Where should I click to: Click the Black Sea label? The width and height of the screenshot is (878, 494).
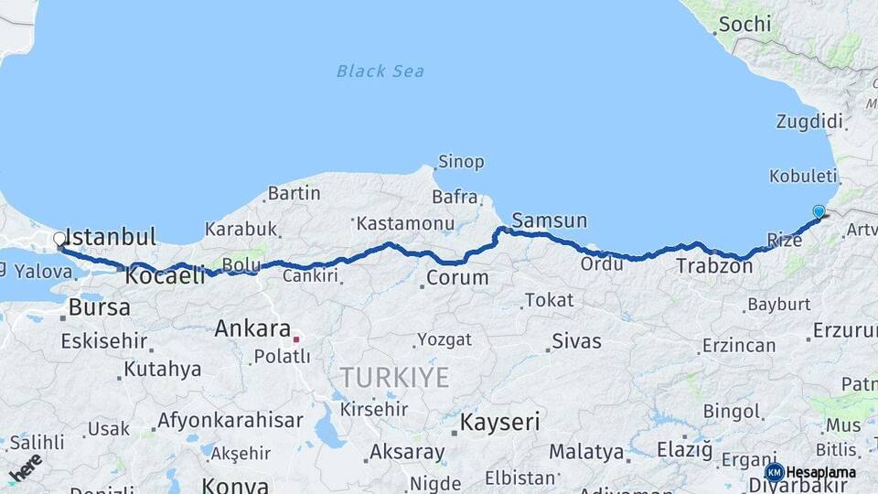click(x=380, y=70)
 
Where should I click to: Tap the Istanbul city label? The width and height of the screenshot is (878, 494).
click(x=112, y=237)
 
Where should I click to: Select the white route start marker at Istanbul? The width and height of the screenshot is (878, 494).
click(x=59, y=240)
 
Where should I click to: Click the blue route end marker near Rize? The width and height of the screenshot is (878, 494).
click(x=819, y=211)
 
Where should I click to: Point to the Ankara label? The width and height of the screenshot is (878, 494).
click(x=252, y=328)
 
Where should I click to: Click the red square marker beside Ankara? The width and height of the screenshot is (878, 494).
click(x=296, y=338)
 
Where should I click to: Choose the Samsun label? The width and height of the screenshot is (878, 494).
click(x=550, y=220)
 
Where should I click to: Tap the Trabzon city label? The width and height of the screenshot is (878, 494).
click(x=714, y=267)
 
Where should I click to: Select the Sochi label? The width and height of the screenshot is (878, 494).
click(x=744, y=25)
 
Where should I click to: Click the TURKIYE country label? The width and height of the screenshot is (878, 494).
click(x=394, y=377)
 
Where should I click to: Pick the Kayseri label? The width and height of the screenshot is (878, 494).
click(x=499, y=423)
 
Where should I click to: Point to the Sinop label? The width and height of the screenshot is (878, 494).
click(x=461, y=162)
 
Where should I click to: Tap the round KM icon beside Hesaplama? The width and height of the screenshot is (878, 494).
click(x=774, y=472)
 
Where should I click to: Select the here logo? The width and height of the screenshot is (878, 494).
click(x=26, y=467)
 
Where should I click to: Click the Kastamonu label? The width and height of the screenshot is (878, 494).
click(x=405, y=223)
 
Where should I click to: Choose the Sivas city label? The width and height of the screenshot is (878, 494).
click(x=577, y=341)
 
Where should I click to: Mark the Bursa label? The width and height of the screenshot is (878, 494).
click(x=100, y=307)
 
